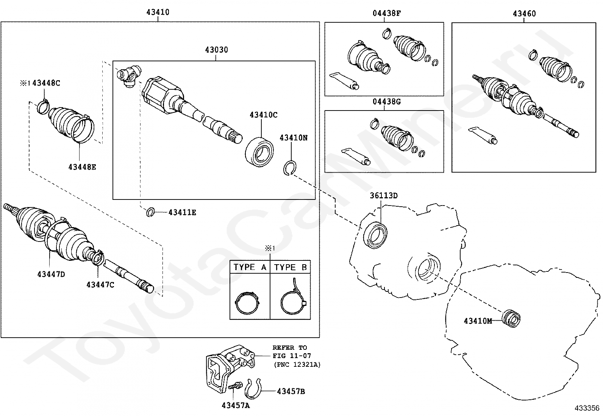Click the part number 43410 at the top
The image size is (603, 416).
click(158, 12)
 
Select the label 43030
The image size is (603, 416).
click(217, 50)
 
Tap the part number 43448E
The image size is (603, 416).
click(82, 167)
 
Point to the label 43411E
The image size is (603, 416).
click(182, 213)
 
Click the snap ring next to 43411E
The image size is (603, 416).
click(150, 213)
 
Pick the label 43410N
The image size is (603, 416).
click(294, 138)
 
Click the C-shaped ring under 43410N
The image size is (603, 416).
click(290, 168)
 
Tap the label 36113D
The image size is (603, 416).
click(384, 196)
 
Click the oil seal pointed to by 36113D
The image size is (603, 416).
click(375, 235)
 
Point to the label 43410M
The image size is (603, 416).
click(478, 321)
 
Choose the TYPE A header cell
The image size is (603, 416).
click(250, 267)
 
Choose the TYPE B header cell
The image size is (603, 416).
click(290, 267)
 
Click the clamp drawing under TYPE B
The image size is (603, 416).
click(293, 299)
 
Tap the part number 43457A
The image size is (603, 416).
click(236, 406)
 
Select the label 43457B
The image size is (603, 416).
click(291, 391)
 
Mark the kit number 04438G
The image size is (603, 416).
click(386, 102)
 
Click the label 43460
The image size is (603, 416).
click(524, 14)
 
